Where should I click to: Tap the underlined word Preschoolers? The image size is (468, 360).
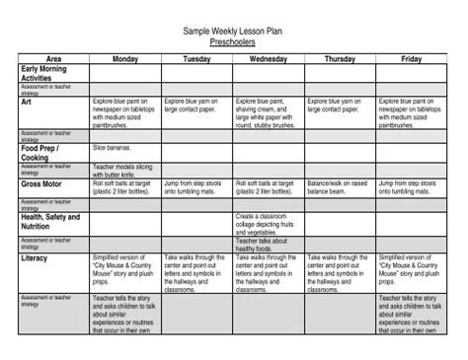click(233, 43)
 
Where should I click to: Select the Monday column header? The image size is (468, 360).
click(124, 60)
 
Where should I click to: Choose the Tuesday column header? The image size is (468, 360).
click(196, 60)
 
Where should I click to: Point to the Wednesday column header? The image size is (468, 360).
click(269, 60)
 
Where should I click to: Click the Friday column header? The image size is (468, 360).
click(413, 60)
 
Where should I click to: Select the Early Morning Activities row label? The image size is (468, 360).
click(44, 74)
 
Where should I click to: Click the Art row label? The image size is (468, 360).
click(27, 101)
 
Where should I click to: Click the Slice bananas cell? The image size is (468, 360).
click(113, 147)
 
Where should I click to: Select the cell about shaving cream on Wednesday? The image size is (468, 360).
click(267, 110)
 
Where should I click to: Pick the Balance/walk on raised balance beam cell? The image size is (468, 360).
click(340, 187)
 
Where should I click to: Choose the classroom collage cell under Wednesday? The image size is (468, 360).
click(267, 221)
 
